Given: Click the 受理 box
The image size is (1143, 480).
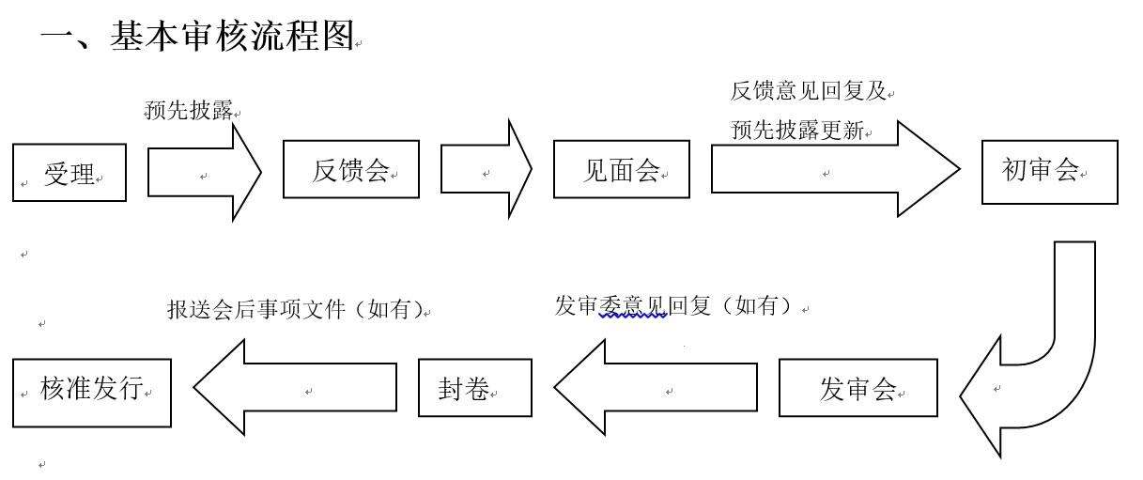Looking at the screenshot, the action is point(70,173).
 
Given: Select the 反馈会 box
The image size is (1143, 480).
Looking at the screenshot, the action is point(351,169).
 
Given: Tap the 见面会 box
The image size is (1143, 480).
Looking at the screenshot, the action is point(622,169).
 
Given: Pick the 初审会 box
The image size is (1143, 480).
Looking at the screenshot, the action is point(1050,172).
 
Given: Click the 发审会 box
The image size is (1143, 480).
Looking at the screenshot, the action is point(857,388).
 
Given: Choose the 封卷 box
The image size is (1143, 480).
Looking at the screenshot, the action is point(475,388).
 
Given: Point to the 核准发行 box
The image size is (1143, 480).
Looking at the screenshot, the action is point(92,393).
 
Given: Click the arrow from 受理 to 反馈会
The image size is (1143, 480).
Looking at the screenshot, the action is point(204,173).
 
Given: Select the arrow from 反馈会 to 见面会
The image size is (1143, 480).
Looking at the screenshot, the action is point(487,169).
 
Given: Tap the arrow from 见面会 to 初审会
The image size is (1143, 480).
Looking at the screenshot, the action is point(835,169).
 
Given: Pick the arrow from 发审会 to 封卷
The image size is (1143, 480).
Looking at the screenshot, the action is point(656,388).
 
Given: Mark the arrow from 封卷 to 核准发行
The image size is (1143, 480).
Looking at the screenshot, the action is point(295,388).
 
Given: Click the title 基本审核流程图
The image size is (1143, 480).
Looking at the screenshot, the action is point(232,36).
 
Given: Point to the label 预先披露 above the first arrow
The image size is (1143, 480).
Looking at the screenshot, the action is point(189,110).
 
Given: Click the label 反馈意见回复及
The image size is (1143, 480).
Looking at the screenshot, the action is point(809,91).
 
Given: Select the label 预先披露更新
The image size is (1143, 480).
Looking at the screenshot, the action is point(797,130).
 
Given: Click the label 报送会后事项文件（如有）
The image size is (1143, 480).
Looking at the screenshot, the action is point(296,309).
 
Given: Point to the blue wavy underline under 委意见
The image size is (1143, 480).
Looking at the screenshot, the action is point(633,317).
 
